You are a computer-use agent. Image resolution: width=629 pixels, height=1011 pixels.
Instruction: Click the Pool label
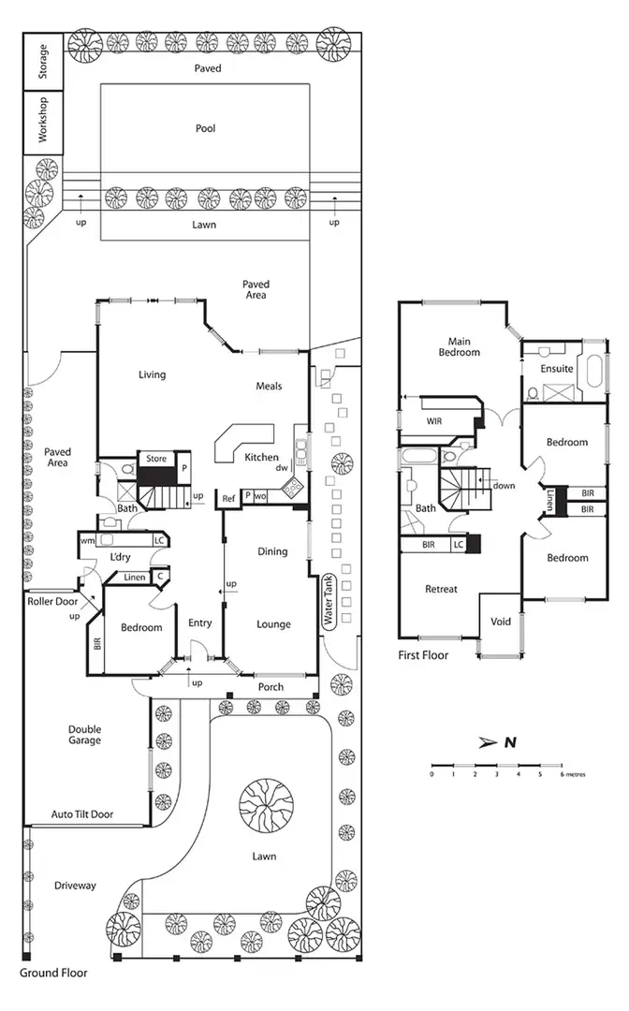(x=205, y=128)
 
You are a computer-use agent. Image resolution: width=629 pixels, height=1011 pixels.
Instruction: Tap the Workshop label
(x=42, y=122)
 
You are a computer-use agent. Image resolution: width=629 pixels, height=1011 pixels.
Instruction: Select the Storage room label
(x=42, y=62)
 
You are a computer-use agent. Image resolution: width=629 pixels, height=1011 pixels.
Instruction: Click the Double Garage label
(x=84, y=735)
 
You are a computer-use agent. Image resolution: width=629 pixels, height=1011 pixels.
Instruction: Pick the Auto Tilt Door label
(x=82, y=814)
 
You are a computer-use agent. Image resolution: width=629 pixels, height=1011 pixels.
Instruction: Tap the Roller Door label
(x=52, y=602)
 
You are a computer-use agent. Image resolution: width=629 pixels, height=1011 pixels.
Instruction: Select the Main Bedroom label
(x=459, y=346)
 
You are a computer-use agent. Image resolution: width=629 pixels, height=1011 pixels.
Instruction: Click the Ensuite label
(x=557, y=369)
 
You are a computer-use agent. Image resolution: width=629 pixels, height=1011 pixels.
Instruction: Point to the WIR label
(x=433, y=421)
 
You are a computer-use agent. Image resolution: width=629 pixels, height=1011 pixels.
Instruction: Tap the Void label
(x=501, y=621)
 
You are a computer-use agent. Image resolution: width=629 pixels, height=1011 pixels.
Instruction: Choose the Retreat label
(x=441, y=589)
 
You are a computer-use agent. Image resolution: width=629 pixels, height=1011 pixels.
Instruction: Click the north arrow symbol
(x=489, y=742)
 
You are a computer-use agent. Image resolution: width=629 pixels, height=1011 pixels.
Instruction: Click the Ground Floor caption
(x=55, y=973)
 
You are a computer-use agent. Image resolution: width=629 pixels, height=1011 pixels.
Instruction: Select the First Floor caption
(x=423, y=655)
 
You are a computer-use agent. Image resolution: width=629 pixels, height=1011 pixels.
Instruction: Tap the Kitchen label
(x=261, y=458)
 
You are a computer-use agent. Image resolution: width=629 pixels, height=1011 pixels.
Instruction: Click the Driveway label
(x=75, y=886)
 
